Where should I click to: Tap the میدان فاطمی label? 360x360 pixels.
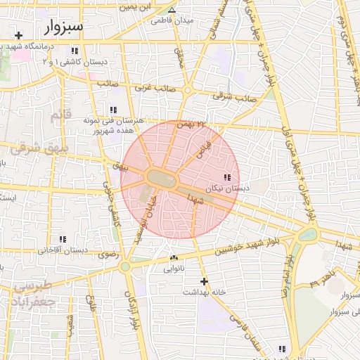pyautogui.click(x=170, y=20)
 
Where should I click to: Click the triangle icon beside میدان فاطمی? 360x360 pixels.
pyautogui.click(x=172, y=10)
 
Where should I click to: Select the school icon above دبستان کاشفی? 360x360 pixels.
pyautogui.click(x=75, y=51)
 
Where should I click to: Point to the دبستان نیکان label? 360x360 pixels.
pyautogui.click(x=227, y=189)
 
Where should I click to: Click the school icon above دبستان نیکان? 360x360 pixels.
pyautogui.click(x=226, y=178)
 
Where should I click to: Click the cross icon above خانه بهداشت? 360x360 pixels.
pyautogui.click(x=204, y=281)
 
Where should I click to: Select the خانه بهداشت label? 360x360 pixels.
pyautogui.click(x=203, y=291)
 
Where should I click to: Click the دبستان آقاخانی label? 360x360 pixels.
pyautogui.click(x=63, y=250)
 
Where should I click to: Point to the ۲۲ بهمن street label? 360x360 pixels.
pyautogui.click(x=194, y=124)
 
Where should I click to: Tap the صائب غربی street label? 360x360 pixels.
pyautogui.click(x=153, y=86)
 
